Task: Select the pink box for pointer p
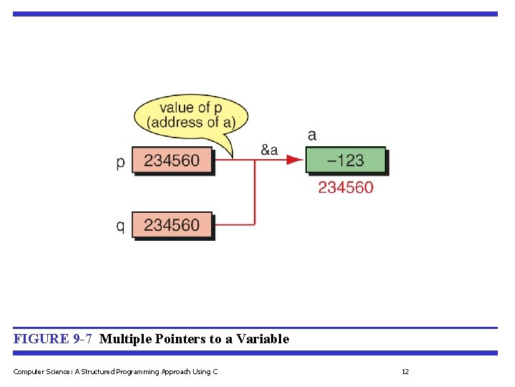pyautogui.click(x=172, y=161)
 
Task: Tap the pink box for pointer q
pyautogui.click(x=172, y=225)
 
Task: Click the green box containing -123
pyautogui.click(x=345, y=160)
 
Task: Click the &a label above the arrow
pyautogui.click(x=269, y=150)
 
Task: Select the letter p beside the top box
pyautogui.click(x=120, y=162)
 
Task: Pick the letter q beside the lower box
pyautogui.click(x=120, y=226)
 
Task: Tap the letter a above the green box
pyautogui.click(x=312, y=135)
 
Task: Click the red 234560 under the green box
pyautogui.click(x=345, y=187)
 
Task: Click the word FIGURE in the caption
pyautogui.click(x=41, y=339)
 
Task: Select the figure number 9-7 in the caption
pyautogui.click(x=82, y=339)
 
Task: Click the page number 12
pyautogui.click(x=405, y=371)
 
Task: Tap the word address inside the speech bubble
pyautogui.click(x=172, y=123)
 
